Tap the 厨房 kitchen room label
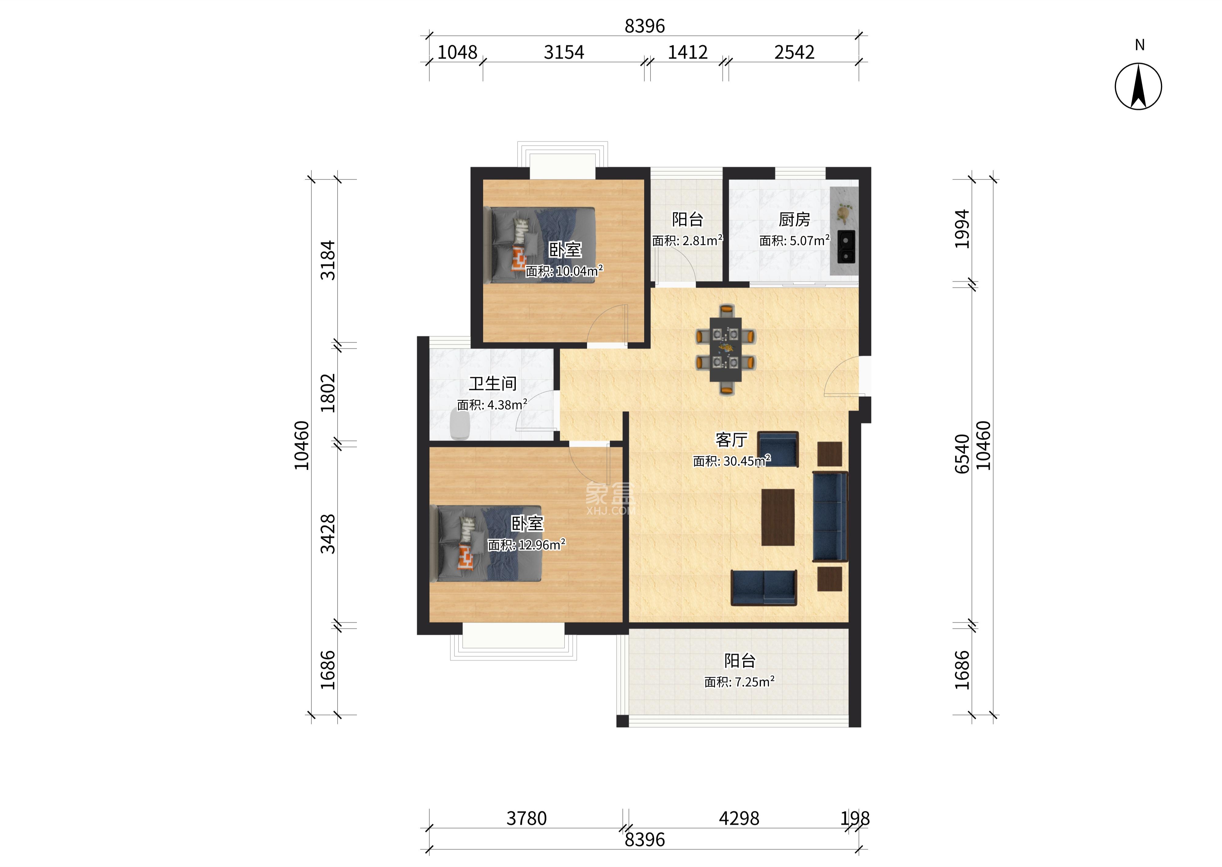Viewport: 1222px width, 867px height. [x=794, y=219]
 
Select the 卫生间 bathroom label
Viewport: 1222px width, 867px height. [x=493, y=383]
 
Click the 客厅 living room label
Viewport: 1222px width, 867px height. [x=731, y=440]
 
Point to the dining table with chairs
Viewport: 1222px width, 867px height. [x=725, y=349]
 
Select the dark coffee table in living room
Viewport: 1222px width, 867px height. [x=778, y=517]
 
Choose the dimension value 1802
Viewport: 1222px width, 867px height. [x=328, y=393]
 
